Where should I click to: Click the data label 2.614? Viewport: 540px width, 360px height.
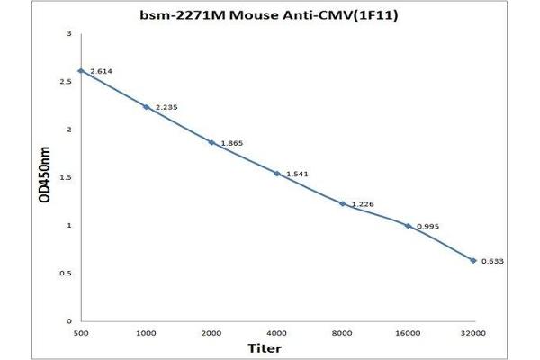pyautogui.click(x=101, y=71)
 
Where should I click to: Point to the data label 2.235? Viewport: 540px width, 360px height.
pyautogui.click(x=166, y=108)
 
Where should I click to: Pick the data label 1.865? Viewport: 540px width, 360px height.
pyautogui.click(x=231, y=143)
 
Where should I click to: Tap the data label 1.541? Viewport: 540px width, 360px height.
pyautogui.click(x=297, y=174)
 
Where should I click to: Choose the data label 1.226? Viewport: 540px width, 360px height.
pyautogui.click(x=362, y=204)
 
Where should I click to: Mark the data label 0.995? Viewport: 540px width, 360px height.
pyautogui.click(x=427, y=226)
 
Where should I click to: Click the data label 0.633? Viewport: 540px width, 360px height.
pyautogui.click(x=493, y=261)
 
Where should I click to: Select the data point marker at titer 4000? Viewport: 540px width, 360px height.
pyautogui.click(x=277, y=173)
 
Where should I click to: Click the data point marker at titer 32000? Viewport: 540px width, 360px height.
pyautogui.click(x=473, y=260)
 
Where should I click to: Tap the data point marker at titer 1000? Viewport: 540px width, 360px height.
pyautogui.click(x=147, y=107)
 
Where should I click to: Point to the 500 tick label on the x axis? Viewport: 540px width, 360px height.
pyautogui.click(x=81, y=332)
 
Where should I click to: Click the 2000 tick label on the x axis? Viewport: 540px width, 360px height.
pyautogui.click(x=211, y=332)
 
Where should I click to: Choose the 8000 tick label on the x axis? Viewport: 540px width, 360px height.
pyautogui.click(x=343, y=332)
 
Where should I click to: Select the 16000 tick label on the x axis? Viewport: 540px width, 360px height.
pyautogui.click(x=408, y=332)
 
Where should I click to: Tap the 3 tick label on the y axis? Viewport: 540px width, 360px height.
pyautogui.click(x=69, y=34)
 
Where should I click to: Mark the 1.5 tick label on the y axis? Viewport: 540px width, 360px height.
pyautogui.click(x=66, y=177)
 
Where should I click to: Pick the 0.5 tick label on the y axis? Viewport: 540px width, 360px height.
pyautogui.click(x=66, y=273)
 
